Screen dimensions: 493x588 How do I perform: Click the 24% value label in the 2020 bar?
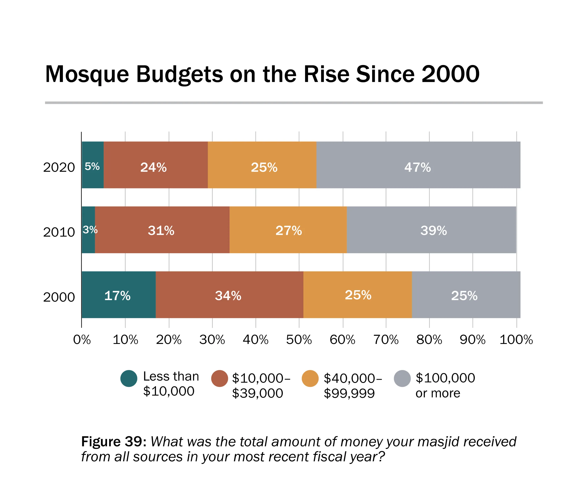[153, 167]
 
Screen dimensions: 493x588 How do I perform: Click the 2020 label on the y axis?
[59, 167]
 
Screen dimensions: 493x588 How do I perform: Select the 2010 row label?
[59, 232]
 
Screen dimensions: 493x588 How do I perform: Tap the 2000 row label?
[59, 297]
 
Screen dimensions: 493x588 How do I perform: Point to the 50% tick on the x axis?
[299, 340]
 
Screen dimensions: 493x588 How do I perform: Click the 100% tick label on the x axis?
[516, 340]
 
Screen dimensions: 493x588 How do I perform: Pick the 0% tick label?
[82, 340]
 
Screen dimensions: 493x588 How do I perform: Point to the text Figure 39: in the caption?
[114, 442]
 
